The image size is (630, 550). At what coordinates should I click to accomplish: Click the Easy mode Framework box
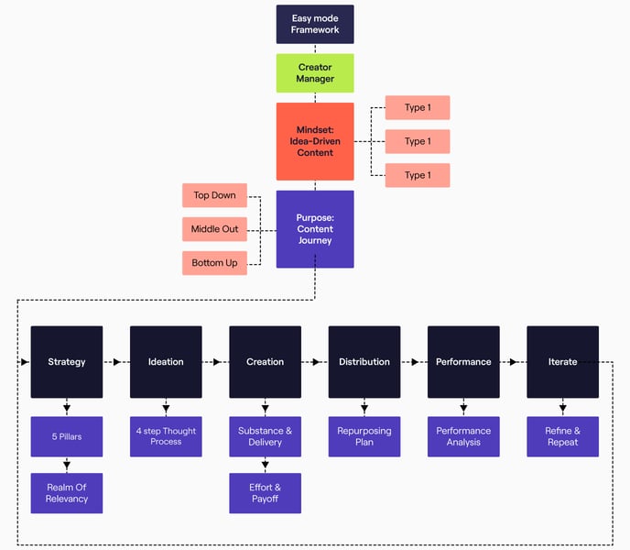[315, 24]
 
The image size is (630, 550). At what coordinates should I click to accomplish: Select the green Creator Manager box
[315, 72]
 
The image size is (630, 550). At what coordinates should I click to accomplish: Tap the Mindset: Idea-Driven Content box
[315, 141]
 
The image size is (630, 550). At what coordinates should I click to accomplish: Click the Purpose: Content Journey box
[315, 229]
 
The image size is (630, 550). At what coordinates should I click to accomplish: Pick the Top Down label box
[214, 195]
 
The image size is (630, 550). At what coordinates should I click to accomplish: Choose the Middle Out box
[214, 228]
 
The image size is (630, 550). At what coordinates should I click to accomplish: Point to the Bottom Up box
[214, 263]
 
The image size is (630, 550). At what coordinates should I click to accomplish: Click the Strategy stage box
[67, 361]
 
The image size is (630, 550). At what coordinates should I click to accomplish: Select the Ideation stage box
[166, 361]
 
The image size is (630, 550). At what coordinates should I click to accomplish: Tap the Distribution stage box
[364, 361]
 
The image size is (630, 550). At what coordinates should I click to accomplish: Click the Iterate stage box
[562, 361]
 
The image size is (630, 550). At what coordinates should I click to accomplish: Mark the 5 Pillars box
[67, 436]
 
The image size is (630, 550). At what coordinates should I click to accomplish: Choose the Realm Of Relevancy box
[67, 493]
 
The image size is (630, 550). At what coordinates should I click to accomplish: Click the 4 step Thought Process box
[166, 436]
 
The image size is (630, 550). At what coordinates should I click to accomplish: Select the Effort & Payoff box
[265, 493]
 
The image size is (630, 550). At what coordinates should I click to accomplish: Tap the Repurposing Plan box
[364, 436]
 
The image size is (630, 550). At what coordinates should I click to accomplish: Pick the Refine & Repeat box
[562, 436]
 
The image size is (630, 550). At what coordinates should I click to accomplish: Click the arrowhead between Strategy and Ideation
[117, 362]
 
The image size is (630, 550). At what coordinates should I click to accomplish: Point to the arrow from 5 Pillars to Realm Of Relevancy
[67, 465]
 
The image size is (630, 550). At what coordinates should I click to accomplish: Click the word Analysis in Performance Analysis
[463, 442]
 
